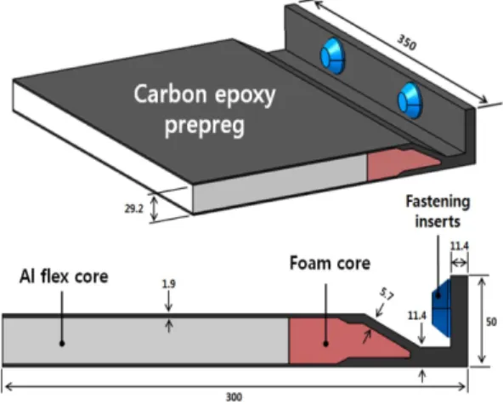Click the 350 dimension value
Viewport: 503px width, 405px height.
[x=407, y=42]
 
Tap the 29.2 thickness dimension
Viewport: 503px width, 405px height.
[x=133, y=208]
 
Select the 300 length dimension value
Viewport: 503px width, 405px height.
[x=234, y=397]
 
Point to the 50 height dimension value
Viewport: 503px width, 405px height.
[x=491, y=322]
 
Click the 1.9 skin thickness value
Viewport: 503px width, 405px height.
[x=169, y=284]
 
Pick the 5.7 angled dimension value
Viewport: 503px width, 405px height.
[x=387, y=294]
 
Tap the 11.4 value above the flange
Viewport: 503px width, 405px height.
[x=459, y=247]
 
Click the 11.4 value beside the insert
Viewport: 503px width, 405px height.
[x=416, y=316]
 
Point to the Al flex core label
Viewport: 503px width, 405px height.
[x=64, y=277]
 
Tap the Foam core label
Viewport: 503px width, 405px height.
[x=330, y=263]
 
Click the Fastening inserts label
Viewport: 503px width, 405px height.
[x=438, y=212]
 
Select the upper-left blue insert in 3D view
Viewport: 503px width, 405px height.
[x=333, y=56]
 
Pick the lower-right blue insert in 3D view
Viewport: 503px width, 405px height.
[x=410, y=100]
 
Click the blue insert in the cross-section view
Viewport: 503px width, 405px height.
[x=441, y=308]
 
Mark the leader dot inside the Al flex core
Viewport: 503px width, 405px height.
[x=62, y=344]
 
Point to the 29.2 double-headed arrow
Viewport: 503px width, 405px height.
[x=155, y=209]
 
